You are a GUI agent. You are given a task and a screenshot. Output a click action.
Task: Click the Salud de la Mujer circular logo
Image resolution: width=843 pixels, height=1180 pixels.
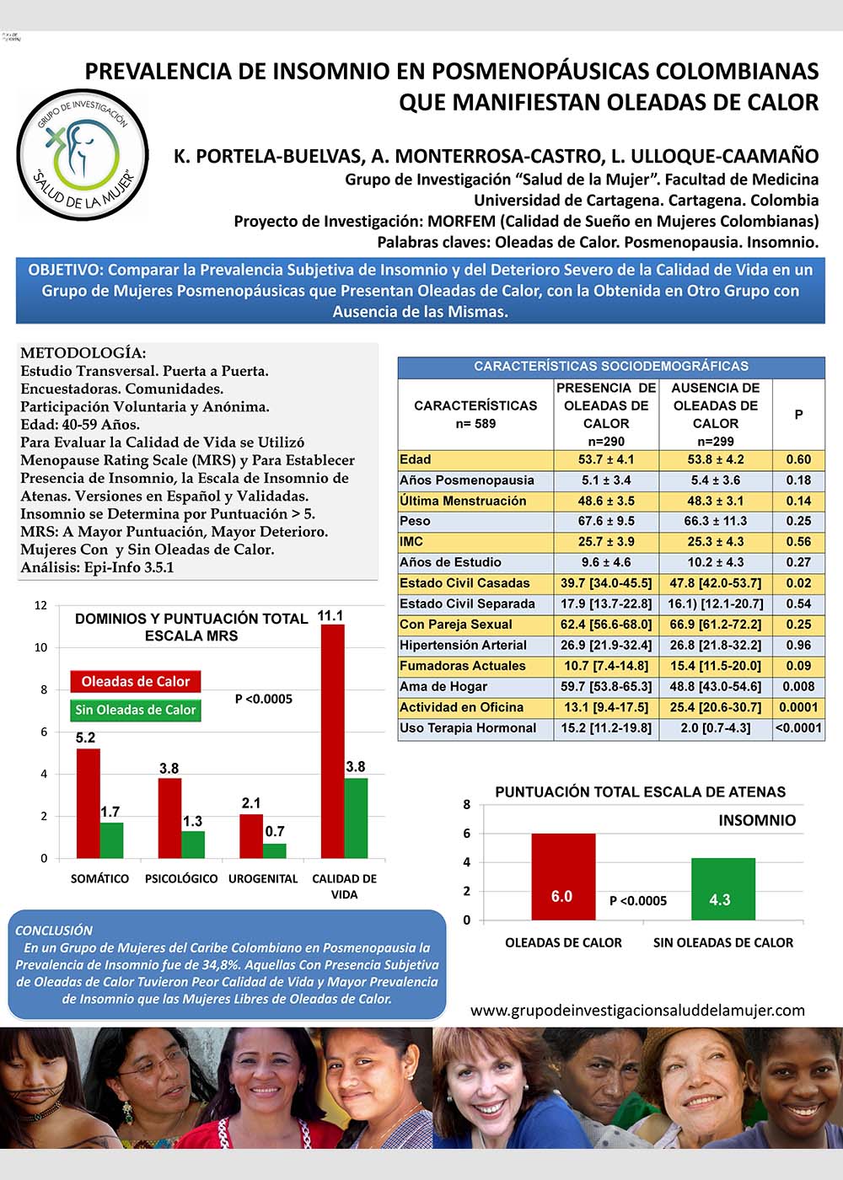click(x=83, y=155)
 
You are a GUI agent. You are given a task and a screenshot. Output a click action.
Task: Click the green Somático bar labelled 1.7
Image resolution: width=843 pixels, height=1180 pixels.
click(x=111, y=839)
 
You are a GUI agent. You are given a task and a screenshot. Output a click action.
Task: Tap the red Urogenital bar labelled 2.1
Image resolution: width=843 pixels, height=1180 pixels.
click(x=251, y=835)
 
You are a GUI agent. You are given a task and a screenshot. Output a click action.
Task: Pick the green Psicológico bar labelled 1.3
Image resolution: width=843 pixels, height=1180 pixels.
click(x=193, y=844)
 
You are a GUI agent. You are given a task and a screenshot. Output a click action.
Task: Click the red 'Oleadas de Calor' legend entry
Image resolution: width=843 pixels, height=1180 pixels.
click(x=135, y=681)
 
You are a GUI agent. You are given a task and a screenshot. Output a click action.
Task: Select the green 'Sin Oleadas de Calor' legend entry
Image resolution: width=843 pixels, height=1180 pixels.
click(x=135, y=710)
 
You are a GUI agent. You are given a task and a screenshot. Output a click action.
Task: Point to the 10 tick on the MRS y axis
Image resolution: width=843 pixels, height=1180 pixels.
click(x=40, y=647)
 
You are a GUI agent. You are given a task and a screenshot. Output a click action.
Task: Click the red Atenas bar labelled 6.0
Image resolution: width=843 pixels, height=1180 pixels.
click(x=562, y=877)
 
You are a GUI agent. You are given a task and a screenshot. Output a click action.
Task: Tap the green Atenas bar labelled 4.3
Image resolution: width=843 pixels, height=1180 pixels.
click(x=722, y=888)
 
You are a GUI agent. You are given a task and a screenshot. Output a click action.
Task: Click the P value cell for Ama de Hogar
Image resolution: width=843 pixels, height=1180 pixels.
click(x=798, y=687)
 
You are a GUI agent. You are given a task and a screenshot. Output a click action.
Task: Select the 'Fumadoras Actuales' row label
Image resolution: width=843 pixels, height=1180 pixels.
click(x=463, y=666)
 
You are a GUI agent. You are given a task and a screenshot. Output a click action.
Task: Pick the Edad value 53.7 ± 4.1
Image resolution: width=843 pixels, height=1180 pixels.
click(x=606, y=459)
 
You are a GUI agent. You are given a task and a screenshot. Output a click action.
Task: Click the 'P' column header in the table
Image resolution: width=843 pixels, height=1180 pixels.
click(x=798, y=414)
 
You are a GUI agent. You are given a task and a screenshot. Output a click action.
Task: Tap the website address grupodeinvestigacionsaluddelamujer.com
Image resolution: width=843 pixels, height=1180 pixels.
click(x=637, y=1010)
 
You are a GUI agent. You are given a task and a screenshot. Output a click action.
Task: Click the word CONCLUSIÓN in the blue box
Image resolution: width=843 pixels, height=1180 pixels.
click(x=54, y=931)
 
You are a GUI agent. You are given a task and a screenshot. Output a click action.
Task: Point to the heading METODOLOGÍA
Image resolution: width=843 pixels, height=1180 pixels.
click(x=83, y=353)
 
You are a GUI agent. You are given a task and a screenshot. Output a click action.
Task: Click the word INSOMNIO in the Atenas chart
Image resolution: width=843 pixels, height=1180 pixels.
click(x=756, y=820)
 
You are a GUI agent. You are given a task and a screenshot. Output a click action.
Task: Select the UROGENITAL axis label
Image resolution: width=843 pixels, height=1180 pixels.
click(x=263, y=878)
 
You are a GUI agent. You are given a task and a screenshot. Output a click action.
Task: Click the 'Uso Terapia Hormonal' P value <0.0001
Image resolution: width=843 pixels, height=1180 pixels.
click(x=798, y=728)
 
